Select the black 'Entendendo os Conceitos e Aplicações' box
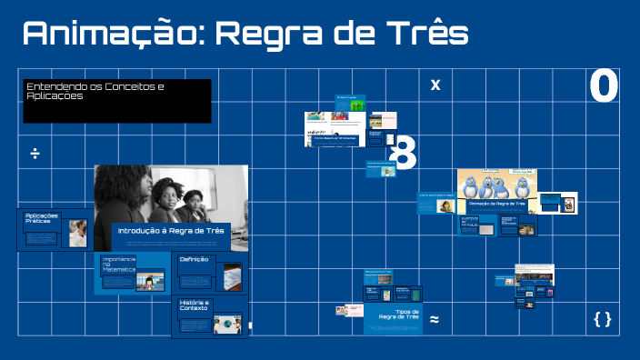pyautogui.click(x=117, y=101)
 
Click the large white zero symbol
pyautogui.click(x=604, y=87)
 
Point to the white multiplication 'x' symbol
pyautogui.click(x=435, y=85)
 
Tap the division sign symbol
pyautogui.click(x=35, y=152)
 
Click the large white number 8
pyautogui.click(x=403, y=154)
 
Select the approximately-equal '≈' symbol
pyautogui.click(x=435, y=319)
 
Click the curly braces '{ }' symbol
pyautogui.click(x=602, y=318)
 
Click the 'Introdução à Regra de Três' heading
pyautogui.click(x=171, y=231)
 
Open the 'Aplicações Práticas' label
pyautogui.click(x=41, y=218)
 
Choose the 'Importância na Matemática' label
pyautogui.click(x=118, y=265)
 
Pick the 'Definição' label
pyautogui.click(x=194, y=259)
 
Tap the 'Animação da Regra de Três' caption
pyautogui.click(x=495, y=205)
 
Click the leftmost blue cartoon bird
pyautogui.click(x=470, y=186)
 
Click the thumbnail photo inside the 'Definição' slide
pyautogui.click(x=230, y=275)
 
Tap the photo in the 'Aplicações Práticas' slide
pyautogui.click(x=78, y=233)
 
